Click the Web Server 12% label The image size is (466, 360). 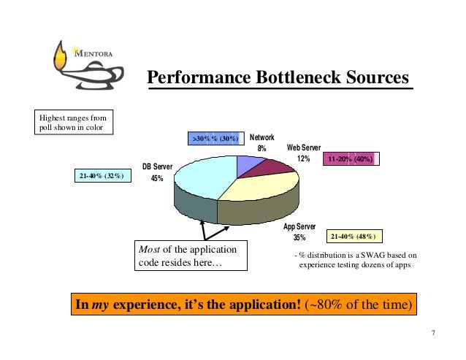(x=303, y=153)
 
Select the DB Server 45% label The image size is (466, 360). (x=157, y=173)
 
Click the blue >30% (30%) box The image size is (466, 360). (x=214, y=138)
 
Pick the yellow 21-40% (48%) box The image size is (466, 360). (x=353, y=237)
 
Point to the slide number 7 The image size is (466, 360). (x=433, y=334)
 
